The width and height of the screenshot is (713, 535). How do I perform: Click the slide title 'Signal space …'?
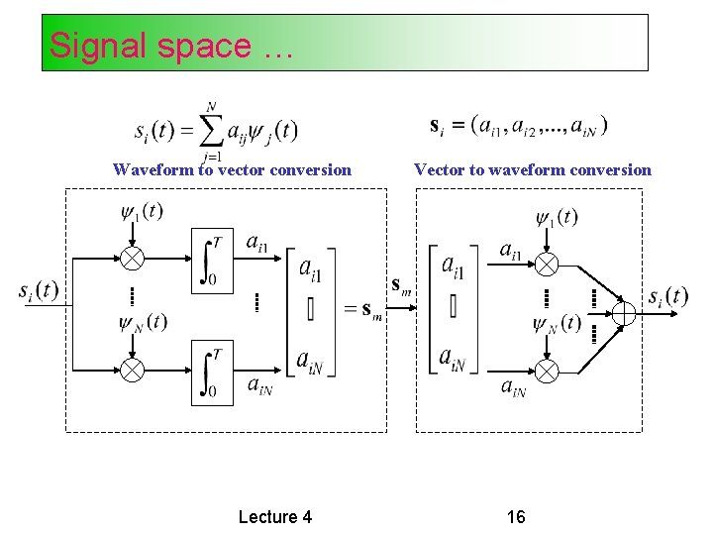(x=170, y=46)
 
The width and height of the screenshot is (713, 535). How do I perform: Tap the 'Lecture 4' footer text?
(x=275, y=516)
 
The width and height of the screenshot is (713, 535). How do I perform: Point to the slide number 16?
(x=516, y=516)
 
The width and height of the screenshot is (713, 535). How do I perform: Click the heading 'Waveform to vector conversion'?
(x=232, y=169)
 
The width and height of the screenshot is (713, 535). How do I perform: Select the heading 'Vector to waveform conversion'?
(x=533, y=169)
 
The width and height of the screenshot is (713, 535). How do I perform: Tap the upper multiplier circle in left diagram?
(x=132, y=257)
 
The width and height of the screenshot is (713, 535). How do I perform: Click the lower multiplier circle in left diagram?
(x=132, y=370)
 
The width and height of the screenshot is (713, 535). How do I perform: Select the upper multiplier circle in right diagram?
(x=547, y=264)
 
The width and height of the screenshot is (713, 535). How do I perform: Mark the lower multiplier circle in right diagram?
(x=547, y=371)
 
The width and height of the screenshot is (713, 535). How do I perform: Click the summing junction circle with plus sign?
(x=623, y=313)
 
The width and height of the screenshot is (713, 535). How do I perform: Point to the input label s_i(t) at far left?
(x=39, y=291)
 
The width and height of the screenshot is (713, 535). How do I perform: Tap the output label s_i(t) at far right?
(x=667, y=296)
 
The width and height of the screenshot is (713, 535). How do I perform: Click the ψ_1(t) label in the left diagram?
(x=142, y=211)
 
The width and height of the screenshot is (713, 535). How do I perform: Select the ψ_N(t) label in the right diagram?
(x=557, y=324)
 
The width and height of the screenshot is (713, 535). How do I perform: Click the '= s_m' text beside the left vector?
(x=362, y=309)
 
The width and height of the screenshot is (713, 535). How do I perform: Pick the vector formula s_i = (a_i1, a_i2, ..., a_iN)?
(x=520, y=125)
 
